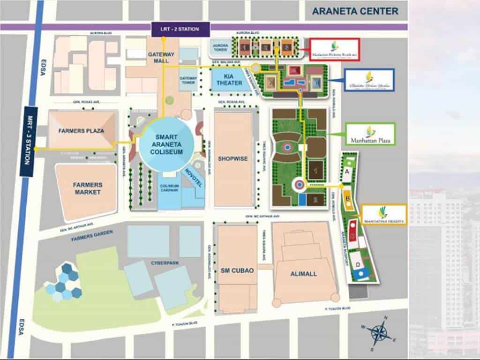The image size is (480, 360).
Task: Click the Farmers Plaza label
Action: click(81, 130)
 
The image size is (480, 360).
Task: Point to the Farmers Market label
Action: click(87, 188)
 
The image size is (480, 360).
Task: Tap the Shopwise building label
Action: click(233, 159)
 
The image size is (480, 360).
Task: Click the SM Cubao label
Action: click(237, 270)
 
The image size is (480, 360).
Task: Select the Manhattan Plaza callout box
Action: click(370, 134)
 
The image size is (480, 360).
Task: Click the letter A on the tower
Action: click(347, 172)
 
